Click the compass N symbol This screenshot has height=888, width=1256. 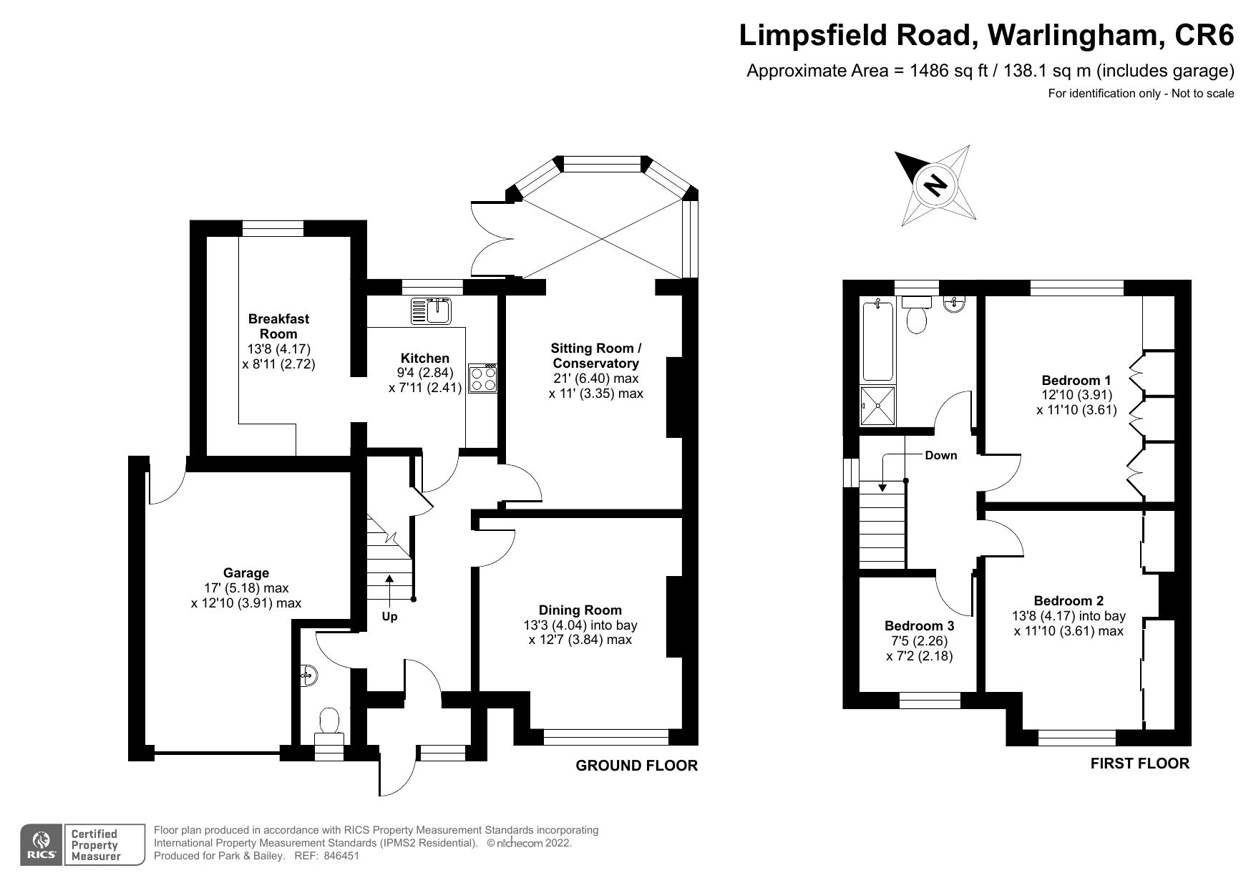[934, 186]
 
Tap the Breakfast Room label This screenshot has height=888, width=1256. [278, 326]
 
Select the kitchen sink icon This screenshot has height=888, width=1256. [430, 311]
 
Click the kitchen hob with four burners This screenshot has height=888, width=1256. [483, 379]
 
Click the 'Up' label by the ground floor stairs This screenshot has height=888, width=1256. [389, 616]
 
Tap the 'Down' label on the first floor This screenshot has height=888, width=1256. [940, 455]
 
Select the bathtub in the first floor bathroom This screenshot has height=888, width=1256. [877, 341]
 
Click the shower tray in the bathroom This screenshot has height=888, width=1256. [877, 406]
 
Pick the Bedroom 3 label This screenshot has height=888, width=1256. [919, 625]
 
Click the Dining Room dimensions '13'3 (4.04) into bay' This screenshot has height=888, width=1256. [580, 625]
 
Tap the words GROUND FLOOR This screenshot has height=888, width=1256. [636, 766]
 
